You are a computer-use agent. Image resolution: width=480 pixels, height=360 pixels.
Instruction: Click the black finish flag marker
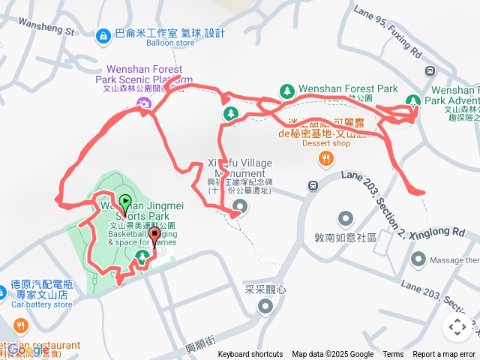(x=155, y=235)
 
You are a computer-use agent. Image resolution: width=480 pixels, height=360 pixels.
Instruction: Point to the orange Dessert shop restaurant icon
(x=325, y=158)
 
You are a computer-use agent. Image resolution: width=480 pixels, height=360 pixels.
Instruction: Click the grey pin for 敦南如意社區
(x=345, y=220)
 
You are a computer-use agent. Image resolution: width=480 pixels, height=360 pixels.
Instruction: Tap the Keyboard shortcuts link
(x=250, y=355)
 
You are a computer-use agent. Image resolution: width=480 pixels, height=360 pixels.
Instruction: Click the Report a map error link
(x=445, y=355)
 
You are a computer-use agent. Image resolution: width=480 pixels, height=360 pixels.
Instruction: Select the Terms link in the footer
(x=393, y=355)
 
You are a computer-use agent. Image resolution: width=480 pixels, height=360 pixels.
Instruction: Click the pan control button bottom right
(x=457, y=327)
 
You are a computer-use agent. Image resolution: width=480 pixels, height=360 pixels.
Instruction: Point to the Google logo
(x=28, y=350)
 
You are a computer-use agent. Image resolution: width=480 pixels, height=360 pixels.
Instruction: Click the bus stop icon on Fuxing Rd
(x=430, y=73)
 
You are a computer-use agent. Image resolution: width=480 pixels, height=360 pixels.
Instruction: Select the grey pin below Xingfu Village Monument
(x=239, y=205)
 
